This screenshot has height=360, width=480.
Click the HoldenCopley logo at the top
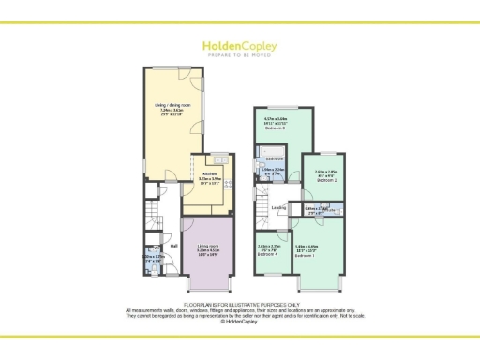[x=239, y=44]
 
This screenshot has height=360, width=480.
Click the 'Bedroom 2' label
[x=323, y=178]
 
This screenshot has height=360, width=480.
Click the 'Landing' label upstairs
[x=278, y=208]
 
